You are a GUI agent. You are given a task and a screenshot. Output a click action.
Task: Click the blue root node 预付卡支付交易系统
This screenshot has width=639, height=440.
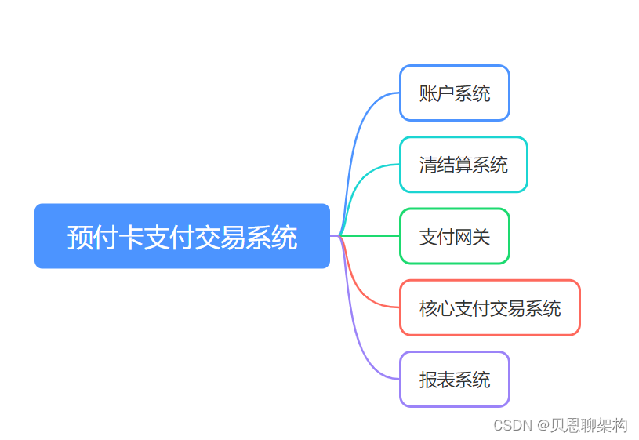click(182, 236)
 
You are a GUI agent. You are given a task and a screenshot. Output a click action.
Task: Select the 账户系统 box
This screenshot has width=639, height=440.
click(455, 93)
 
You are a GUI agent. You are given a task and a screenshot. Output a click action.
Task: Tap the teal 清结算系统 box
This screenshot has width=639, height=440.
click(463, 165)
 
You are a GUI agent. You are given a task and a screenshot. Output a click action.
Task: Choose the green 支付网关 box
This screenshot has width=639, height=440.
click(455, 236)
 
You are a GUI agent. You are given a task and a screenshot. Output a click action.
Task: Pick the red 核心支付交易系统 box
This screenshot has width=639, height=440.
click(490, 307)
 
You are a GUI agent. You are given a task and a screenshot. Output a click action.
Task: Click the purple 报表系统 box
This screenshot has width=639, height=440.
click(455, 379)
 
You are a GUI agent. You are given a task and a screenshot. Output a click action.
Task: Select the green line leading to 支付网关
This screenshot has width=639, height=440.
click(372, 235)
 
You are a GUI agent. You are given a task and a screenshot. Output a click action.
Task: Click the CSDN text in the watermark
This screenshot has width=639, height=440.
click(511, 425)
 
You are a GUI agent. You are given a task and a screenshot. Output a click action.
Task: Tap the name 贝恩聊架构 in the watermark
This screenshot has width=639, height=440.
click(590, 425)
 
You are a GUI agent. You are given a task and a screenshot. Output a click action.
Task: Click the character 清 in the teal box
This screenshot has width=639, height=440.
click(428, 165)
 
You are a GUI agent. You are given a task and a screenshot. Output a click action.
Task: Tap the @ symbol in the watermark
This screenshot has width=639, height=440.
click(543, 425)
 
